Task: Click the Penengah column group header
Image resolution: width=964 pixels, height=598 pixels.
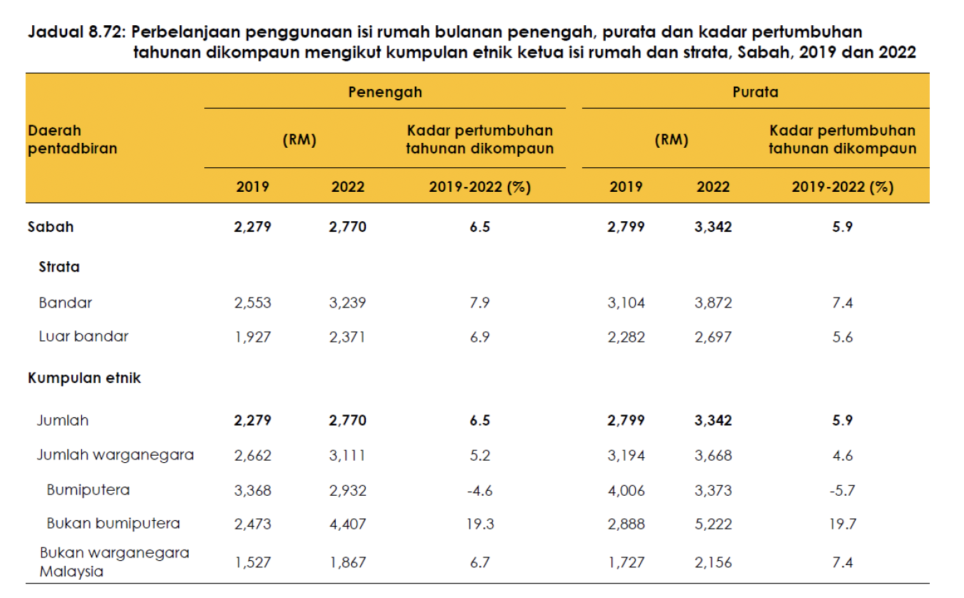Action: [x=385, y=91]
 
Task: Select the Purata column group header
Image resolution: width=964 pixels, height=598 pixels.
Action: [x=756, y=91]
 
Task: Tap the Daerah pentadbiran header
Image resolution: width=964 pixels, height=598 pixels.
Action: [x=72, y=139]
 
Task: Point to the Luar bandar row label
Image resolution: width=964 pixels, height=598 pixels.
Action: [x=83, y=336]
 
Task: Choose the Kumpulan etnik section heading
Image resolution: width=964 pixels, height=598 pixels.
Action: [x=84, y=378]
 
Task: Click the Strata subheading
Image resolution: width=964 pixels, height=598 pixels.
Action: [x=59, y=267]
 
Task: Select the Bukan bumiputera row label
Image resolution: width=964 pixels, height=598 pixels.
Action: [x=113, y=523]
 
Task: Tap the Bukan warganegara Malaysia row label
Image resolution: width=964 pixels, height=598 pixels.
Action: [x=114, y=562]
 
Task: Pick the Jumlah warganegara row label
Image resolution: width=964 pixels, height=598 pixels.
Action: [x=115, y=455]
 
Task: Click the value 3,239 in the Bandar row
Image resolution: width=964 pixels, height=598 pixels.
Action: [x=348, y=303]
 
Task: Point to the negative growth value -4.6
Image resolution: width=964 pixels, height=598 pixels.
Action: [x=479, y=490]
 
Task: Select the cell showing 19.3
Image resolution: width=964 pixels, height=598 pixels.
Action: [x=480, y=523]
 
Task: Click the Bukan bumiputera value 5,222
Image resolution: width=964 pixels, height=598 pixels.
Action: [x=713, y=523]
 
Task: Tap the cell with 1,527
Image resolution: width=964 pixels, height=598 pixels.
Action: [x=253, y=562]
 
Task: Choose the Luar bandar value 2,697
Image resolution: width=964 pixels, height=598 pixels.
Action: [x=713, y=336]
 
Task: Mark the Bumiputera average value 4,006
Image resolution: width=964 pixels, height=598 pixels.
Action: [x=626, y=490]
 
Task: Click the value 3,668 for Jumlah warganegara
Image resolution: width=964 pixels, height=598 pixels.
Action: [x=713, y=455]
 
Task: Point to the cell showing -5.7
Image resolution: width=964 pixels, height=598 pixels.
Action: [x=842, y=490]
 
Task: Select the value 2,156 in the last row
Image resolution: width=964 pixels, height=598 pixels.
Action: [x=713, y=562]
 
